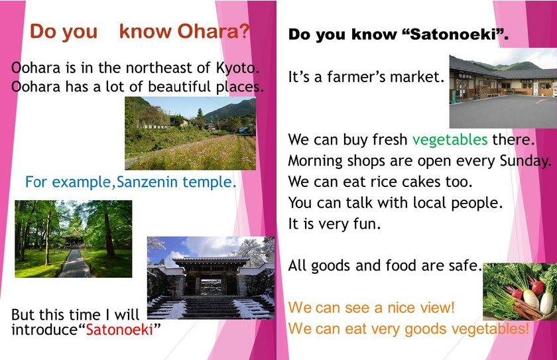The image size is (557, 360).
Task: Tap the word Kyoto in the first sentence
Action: [237, 68]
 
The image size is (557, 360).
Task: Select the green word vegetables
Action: [450, 140]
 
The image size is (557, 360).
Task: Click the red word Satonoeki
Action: [119, 330]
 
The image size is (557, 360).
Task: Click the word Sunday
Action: [525, 161]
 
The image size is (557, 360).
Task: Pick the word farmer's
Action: [355, 77]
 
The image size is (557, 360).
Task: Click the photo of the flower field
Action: [190, 133]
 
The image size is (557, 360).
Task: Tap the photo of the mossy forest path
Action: [73, 239]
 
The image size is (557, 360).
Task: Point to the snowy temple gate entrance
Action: [211, 278]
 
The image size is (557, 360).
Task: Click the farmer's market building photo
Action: [503, 91]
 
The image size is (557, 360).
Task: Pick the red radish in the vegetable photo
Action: [538, 286]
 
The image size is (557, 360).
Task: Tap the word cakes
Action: [420, 182]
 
